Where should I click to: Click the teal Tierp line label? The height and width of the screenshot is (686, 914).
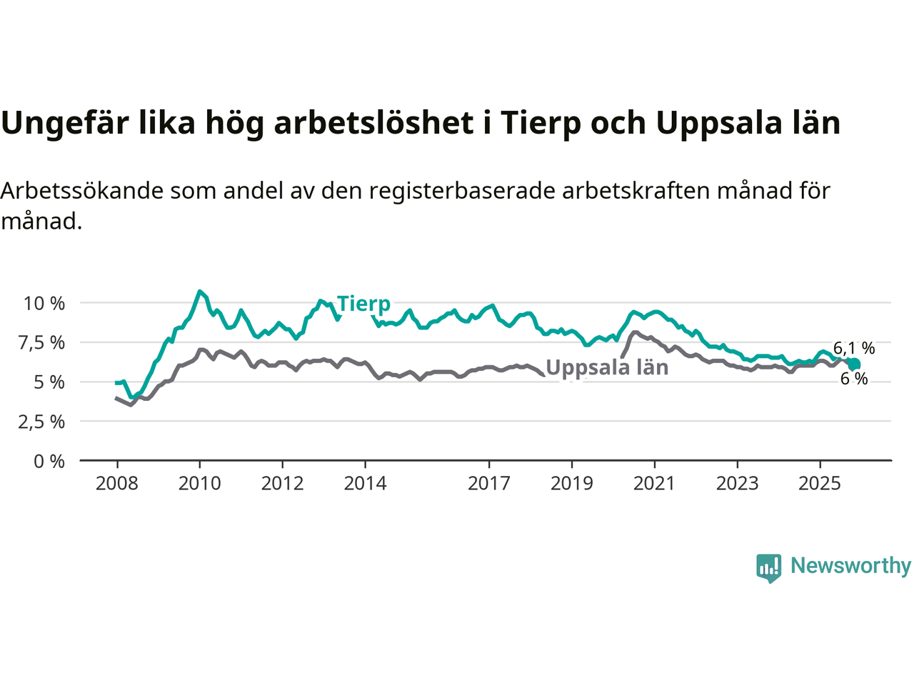click(363, 304)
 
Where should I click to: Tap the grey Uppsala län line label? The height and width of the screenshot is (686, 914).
click(607, 367)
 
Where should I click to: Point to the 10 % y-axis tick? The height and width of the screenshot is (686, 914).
click(44, 303)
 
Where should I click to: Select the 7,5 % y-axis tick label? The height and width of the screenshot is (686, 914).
click(41, 343)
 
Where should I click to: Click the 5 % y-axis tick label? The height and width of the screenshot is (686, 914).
click(49, 382)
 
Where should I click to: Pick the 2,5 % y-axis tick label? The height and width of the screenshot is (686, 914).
click(41, 422)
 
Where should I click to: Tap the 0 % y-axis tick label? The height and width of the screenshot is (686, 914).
click(49, 462)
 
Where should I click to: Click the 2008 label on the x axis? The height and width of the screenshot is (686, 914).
click(117, 484)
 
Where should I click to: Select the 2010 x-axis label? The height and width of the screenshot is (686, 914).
click(200, 484)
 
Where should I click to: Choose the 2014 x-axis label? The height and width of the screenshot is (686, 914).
click(365, 484)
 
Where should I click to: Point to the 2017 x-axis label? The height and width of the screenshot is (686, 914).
click(489, 484)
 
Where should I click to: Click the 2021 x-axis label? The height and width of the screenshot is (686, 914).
click(654, 484)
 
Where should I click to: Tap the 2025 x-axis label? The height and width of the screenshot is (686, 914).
click(820, 484)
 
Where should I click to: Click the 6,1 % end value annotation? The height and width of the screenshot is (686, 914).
click(854, 348)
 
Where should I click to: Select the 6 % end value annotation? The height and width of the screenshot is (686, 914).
click(854, 379)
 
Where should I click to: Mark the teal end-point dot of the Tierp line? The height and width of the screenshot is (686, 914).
click(854, 364)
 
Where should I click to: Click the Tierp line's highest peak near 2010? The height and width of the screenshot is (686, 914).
click(200, 292)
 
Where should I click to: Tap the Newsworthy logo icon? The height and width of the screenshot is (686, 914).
click(768, 567)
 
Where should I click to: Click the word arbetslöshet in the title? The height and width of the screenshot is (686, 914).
click(374, 123)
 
